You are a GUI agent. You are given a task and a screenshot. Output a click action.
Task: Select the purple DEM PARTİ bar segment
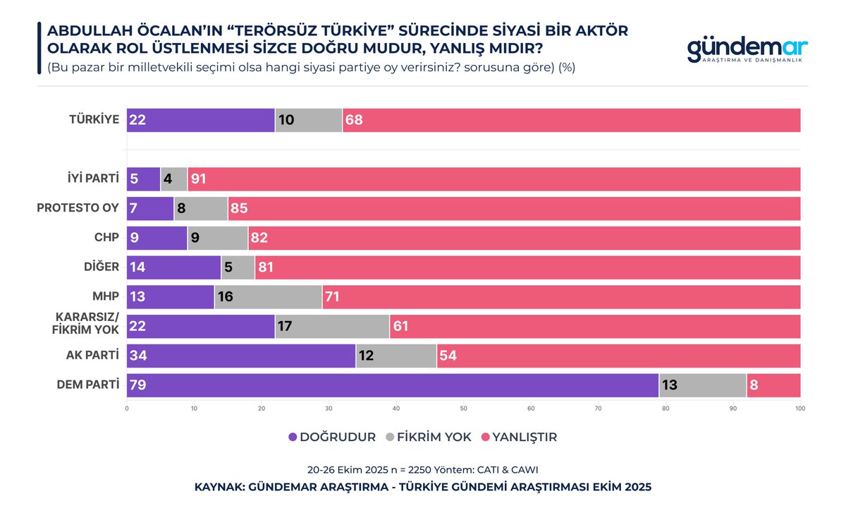(393, 385)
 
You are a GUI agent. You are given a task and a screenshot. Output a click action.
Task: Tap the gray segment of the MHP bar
(268, 297)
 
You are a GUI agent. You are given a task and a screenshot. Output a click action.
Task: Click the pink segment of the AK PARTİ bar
(618, 356)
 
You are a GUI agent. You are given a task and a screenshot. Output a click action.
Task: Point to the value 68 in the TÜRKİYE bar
(353, 121)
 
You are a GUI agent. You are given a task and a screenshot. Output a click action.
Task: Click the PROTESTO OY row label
(77, 208)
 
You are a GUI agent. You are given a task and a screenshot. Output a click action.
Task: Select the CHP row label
(106, 238)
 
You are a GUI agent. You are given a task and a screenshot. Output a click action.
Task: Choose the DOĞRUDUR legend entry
(332, 437)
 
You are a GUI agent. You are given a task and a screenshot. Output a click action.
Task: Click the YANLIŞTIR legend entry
(518, 437)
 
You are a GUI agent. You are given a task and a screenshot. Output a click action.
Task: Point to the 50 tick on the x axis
(463, 408)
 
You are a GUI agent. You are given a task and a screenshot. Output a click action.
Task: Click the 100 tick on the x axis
(799, 408)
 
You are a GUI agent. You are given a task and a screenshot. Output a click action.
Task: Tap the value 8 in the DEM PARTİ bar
(754, 385)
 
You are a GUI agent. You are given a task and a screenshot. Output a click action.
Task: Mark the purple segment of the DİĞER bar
(173, 267)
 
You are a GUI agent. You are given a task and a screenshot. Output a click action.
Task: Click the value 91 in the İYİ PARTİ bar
(199, 179)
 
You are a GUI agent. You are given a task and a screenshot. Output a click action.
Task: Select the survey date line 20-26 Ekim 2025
(423, 469)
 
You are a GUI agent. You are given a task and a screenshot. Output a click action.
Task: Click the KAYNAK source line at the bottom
(423, 487)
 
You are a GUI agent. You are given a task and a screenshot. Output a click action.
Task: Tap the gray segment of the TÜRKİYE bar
(309, 121)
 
